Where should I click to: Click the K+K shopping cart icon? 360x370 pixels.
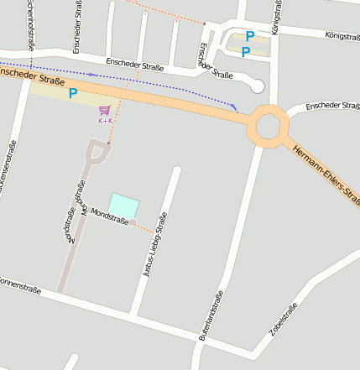click(x=105, y=111)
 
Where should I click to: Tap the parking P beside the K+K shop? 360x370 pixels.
click(x=73, y=95)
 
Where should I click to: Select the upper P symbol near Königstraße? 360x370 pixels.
click(x=249, y=36)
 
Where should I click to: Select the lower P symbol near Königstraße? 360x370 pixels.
click(x=245, y=52)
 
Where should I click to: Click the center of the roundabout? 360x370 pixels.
click(x=268, y=126)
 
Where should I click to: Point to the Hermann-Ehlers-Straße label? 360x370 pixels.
click(x=327, y=176)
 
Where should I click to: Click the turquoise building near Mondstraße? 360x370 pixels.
click(x=123, y=206)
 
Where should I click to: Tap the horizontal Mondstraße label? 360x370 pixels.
click(x=110, y=216)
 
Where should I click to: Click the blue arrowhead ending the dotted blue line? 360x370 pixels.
click(x=235, y=107)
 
